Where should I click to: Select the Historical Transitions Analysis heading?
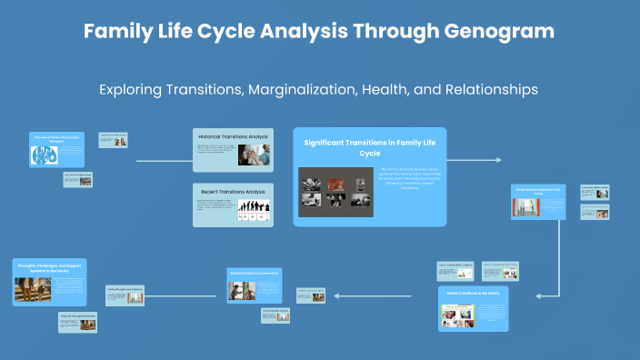[x=232, y=136]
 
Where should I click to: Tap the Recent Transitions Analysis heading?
[x=231, y=192]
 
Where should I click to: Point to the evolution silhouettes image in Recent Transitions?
[x=253, y=211]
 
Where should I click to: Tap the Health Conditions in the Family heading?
[x=473, y=294]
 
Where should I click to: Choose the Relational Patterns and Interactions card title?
[x=255, y=273]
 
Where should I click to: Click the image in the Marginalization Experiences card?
[x=526, y=207]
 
